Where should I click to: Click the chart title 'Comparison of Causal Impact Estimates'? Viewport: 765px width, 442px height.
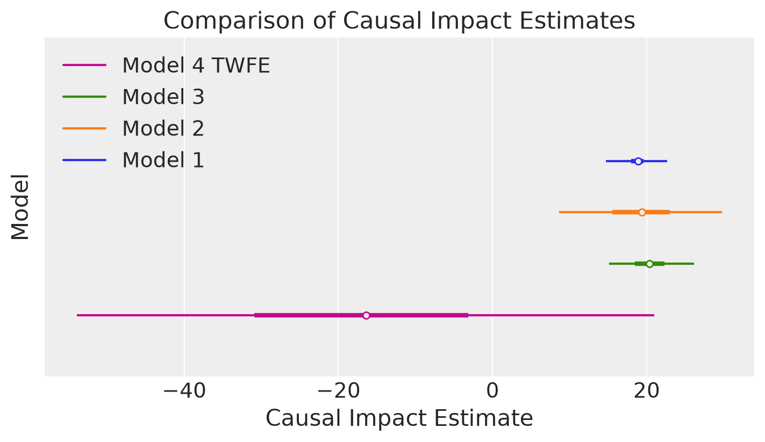[x=399, y=21]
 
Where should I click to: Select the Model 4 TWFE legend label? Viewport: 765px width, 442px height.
[x=196, y=65]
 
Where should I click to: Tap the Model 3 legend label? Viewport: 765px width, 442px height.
[x=163, y=97]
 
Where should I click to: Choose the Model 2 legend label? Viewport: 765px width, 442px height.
[x=163, y=128]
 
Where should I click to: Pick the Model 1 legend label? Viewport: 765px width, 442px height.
[x=163, y=160]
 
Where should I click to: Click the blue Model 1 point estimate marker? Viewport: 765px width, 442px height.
[x=638, y=161]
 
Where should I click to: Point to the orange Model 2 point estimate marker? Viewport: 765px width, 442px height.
[x=642, y=213]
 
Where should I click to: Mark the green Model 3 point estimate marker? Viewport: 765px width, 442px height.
[x=649, y=264]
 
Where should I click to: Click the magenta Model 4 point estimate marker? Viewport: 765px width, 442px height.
[x=367, y=315]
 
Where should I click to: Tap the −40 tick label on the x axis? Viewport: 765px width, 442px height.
[x=184, y=391]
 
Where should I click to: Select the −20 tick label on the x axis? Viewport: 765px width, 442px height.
[x=339, y=391]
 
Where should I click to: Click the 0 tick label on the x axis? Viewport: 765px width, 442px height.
[x=492, y=391]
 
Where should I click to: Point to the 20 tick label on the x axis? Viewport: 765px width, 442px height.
[x=647, y=391]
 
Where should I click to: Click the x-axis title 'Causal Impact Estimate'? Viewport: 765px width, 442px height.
[x=399, y=418]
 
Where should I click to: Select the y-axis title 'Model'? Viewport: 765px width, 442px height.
[x=20, y=207]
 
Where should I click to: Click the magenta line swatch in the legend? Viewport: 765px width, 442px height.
[x=84, y=65]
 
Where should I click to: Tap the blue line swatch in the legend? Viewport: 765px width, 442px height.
[x=84, y=160]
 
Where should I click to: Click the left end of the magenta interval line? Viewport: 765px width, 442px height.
[x=77, y=315]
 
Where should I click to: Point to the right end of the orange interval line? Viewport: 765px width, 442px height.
[x=721, y=212]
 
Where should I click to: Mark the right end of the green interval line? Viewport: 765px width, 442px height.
[x=693, y=264]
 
